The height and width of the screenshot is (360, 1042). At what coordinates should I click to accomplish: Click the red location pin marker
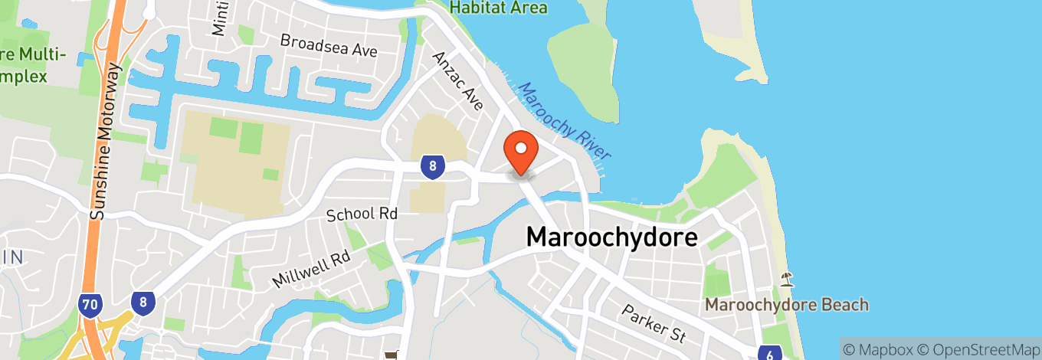tap(521, 152)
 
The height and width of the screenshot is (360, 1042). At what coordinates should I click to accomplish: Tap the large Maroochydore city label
tap(611, 237)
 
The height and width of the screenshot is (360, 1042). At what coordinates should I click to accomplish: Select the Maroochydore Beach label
tap(786, 305)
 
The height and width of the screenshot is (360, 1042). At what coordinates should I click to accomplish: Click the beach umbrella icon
tap(786, 278)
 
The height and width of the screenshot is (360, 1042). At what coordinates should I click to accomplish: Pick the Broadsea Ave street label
tap(329, 45)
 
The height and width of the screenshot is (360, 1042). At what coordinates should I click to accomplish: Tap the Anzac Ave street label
tap(458, 80)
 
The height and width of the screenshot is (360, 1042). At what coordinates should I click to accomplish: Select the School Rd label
tap(362, 214)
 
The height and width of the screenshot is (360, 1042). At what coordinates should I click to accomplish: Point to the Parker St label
tap(654, 323)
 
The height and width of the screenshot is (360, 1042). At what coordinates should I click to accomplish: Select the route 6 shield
tap(769, 353)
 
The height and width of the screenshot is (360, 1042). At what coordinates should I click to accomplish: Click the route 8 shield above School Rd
tap(433, 167)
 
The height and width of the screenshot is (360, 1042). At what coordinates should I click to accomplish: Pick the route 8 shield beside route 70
tap(142, 302)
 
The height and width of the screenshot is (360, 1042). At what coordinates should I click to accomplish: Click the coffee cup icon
tap(392, 355)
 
